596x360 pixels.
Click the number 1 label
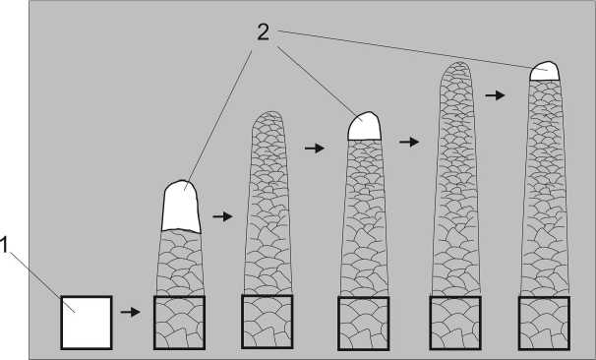coord(3,245)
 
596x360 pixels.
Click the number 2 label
coord(263,32)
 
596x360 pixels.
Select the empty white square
coord(87,323)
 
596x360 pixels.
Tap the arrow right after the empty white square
coord(131,312)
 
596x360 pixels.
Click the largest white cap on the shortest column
coord(181,207)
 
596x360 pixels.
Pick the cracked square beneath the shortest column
coord(179,323)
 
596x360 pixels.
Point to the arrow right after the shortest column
coord(222,216)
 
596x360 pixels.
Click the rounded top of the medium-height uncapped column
coord(268,119)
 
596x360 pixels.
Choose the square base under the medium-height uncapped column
coord(267,322)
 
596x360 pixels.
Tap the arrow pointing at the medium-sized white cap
coord(315,148)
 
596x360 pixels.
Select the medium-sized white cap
coord(364,126)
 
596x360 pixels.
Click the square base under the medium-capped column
coord(363,324)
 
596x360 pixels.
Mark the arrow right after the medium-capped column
coord(409,143)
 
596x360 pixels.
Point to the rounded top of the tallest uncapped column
coord(456,69)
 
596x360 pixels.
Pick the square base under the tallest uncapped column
coord(455,323)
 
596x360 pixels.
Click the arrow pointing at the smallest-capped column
coord(495,95)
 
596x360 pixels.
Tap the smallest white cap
coord(545,72)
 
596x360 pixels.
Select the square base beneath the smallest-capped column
coord(544,323)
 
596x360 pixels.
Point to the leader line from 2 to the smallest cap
coord(412,50)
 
